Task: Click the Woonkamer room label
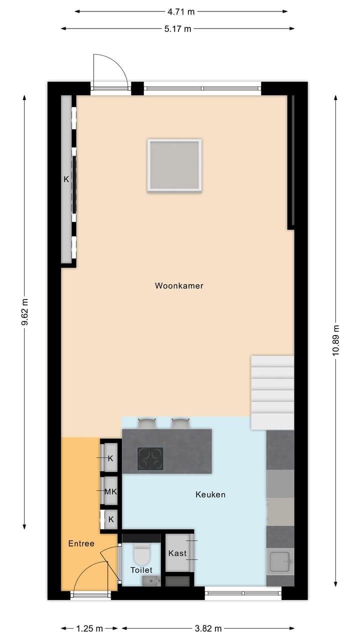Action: coord(179,286)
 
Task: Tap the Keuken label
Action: coord(210,494)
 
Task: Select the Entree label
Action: coord(81,543)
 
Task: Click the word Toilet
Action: coord(141,570)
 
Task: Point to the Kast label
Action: coord(177,553)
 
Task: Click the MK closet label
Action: coord(110,491)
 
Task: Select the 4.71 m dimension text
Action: coord(181,11)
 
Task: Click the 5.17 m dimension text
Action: coord(177,28)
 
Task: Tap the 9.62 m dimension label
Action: coord(24,312)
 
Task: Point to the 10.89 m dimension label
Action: coord(335,340)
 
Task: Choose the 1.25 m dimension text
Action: coord(90,628)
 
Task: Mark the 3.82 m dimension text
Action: coord(208,628)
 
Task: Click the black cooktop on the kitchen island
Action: coord(150,458)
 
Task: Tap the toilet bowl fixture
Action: coord(141,553)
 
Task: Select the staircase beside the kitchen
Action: coord(272,392)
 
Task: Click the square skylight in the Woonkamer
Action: coord(174,165)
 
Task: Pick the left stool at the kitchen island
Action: coord(147,423)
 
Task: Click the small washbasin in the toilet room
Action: coord(150,580)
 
